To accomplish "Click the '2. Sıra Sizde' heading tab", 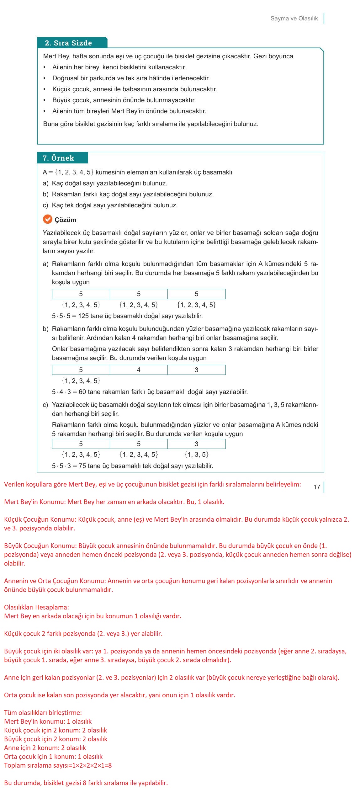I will point(68,43).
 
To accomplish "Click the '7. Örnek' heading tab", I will point(59,158).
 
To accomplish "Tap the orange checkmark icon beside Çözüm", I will point(47,219).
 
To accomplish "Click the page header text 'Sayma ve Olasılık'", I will point(294,19).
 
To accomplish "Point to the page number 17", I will point(317,487).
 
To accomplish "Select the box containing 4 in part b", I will point(139,370).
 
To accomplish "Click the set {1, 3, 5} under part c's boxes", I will point(196,455).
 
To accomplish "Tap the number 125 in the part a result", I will point(83,316).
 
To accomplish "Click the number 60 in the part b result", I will point(82,392).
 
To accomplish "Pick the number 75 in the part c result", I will point(82,466).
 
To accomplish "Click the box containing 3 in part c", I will point(196,444).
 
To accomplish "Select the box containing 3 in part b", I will point(196,370).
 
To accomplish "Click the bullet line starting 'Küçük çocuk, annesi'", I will point(135,89).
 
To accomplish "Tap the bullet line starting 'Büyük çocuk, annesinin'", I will point(124,100).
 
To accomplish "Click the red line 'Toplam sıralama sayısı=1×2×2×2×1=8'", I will point(58,765).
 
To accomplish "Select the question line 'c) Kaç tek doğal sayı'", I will point(110,205).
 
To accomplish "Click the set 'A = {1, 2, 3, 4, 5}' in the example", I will point(68,172).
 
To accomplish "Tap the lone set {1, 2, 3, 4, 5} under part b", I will point(81,381).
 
